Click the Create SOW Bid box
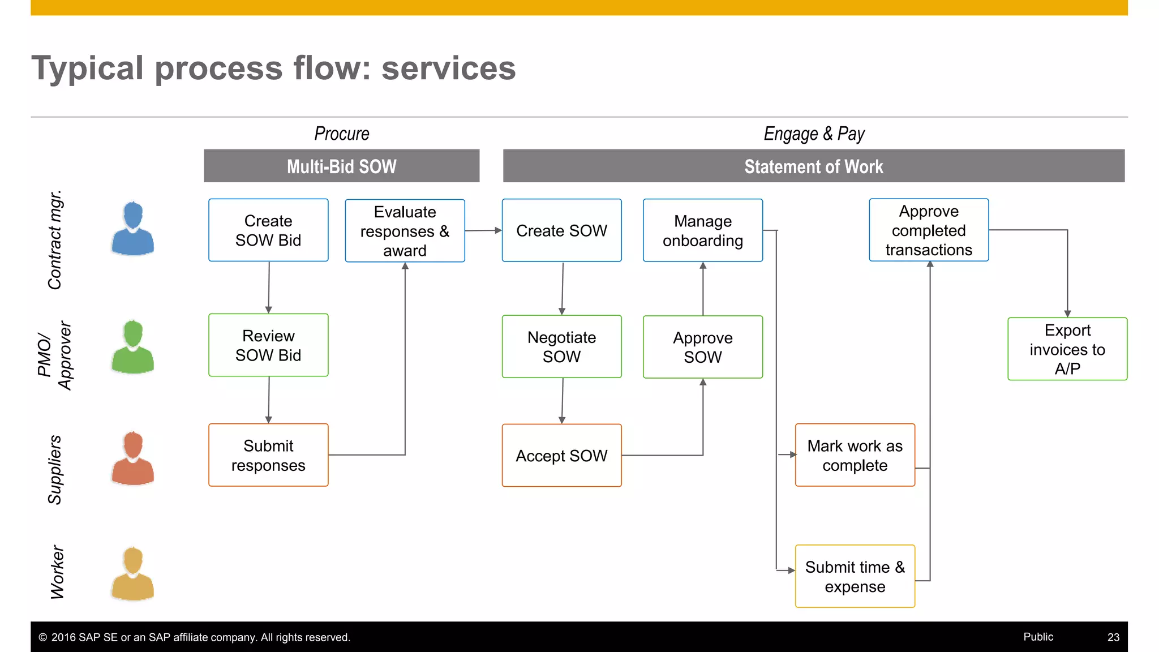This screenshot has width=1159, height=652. (x=268, y=230)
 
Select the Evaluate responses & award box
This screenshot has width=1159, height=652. (x=405, y=230)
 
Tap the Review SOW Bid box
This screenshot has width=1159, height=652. (x=268, y=345)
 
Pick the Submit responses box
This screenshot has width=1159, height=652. (x=268, y=455)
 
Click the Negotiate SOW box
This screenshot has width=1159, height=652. (x=561, y=346)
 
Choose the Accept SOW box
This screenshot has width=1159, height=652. (x=561, y=455)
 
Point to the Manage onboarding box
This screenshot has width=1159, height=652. (x=702, y=230)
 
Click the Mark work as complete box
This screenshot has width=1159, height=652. (x=855, y=455)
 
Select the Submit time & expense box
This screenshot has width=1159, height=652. (x=855, y=576)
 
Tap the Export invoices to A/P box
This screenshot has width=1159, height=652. (x=1067, y=349)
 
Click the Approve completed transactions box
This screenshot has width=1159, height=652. (x=929, y=230)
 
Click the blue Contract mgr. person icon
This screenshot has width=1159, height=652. (x=133, y=229)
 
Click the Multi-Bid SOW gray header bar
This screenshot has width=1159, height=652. (x=341, y=166)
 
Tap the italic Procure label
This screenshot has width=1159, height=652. (x=341, y=134)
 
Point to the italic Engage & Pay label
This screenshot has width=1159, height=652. (x=814, y=134)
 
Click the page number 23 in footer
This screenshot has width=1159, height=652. (x=1113, y=637)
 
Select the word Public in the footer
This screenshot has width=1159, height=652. (x=1038, y=637)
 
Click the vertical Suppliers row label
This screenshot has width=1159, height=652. (x=55, y=469)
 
